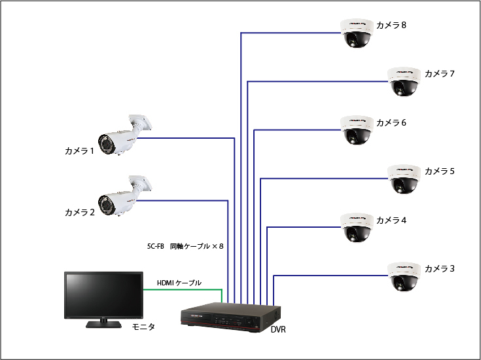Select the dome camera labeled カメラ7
[x=403, y=81]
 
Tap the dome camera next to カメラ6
[x=356, y=130]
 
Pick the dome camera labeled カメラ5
[x=403, y=178]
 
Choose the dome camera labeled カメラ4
[x=356, y=227]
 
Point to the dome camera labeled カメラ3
[x=403, y=276]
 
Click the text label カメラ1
[x=80, y=151]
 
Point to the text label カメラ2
[x=80, y=213]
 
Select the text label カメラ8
[x=391, y=26]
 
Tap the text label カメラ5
[x=439, y=171]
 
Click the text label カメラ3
[x=439, y=269]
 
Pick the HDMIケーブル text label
[x=179, y=283]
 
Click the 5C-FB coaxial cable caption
[x=186, y=247]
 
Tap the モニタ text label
[x=143, y=327]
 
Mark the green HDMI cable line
[x=183, y=289]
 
